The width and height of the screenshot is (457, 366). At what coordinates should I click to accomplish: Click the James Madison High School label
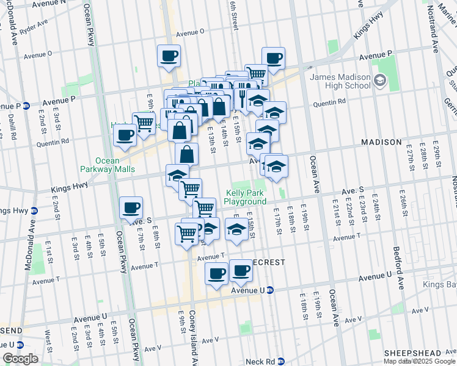click(x=340, y=81)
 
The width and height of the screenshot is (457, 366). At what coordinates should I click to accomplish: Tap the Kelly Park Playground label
click(x=245, y=197)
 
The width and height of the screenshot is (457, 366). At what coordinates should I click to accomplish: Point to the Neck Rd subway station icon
click(x=280, y=361)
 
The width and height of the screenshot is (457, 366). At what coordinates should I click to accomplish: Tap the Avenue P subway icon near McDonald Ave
click(x=26, y=105)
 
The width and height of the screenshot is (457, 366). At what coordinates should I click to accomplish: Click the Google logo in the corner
click(x=20, y=359)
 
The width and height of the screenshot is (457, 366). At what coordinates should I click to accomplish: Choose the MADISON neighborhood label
click(x=381, y=142)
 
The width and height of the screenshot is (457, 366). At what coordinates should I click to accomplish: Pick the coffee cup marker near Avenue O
click(x=169, y=56)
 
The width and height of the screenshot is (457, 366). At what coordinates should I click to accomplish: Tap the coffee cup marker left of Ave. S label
click(x=131, y=207)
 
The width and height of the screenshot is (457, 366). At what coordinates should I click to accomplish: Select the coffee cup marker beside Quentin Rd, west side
click(x=125, y=135)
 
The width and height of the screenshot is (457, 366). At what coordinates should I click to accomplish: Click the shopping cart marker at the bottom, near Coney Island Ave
click(x=186, y=232)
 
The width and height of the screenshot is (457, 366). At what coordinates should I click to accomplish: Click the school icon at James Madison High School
click(x=379, y=81)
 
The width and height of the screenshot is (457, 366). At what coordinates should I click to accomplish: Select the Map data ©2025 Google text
click(x=418, y=361)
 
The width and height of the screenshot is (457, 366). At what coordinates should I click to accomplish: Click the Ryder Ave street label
click(x=34, y=28)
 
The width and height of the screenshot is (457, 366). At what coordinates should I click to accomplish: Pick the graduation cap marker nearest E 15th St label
click(x=236, y=229)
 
